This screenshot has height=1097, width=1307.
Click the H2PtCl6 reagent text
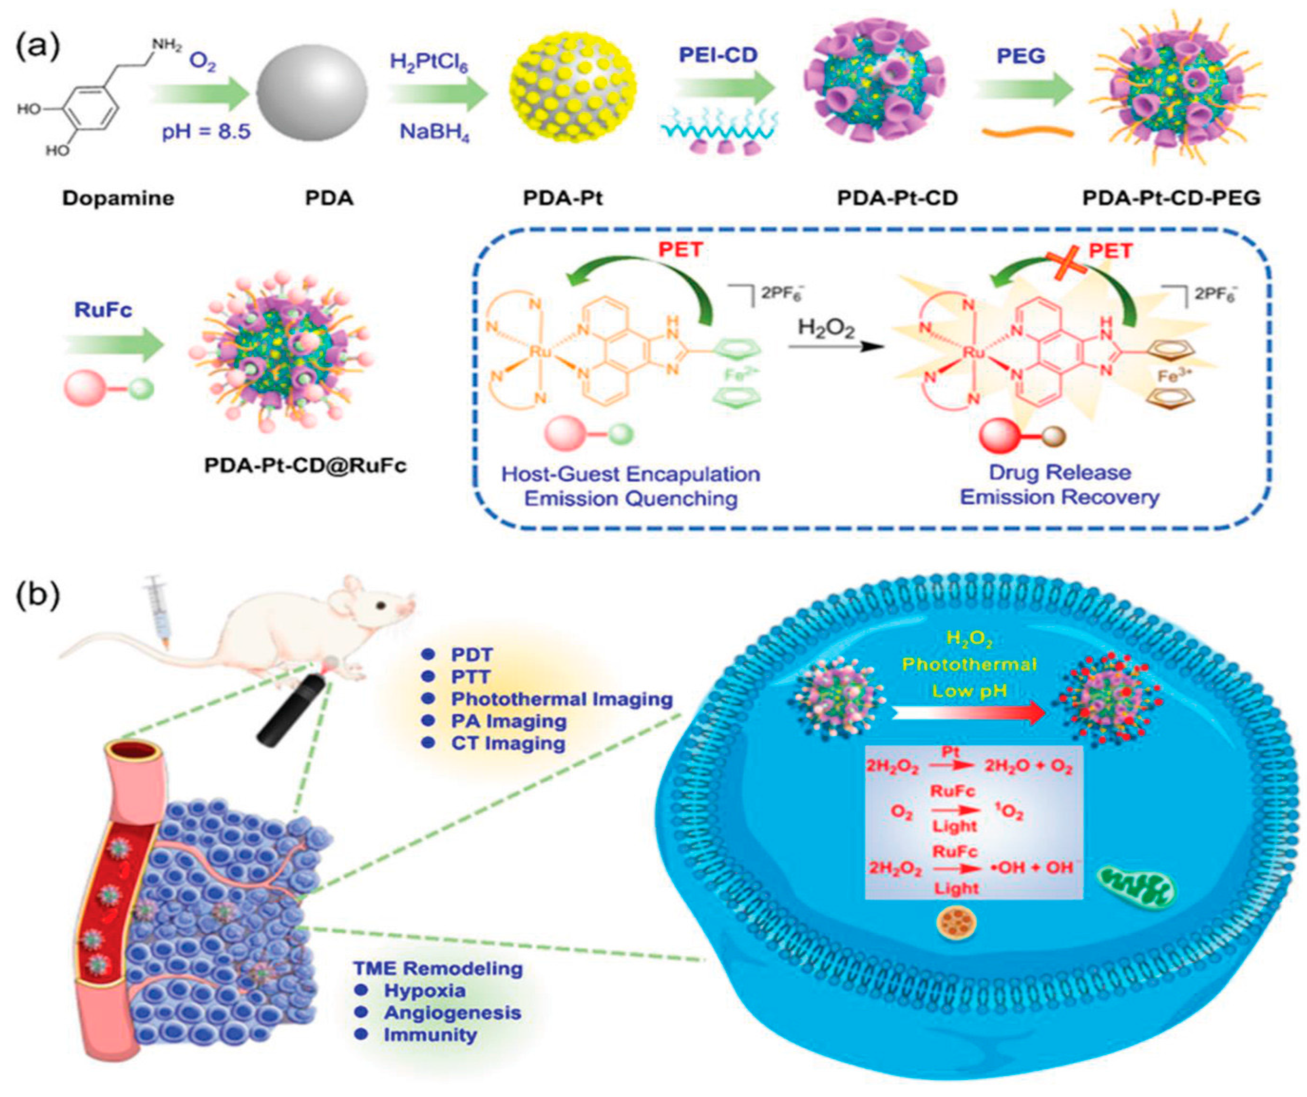pyautogui.click(x=429, y=62)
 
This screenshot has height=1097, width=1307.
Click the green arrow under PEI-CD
pyautogui.click(x=725, y=89)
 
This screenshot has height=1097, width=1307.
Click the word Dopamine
pyautogui.click(x=118, y=198)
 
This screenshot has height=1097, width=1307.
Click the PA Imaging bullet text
pyautogui.click(x=509, y=721)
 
